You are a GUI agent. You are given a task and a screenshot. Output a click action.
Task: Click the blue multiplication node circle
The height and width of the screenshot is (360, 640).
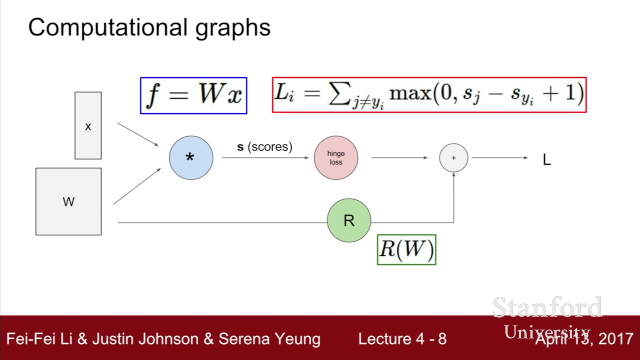point(191,158)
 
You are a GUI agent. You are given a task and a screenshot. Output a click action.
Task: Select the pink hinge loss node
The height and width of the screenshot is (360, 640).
point(336,158)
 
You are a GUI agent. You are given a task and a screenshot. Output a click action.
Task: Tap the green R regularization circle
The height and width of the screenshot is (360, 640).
point(349,220)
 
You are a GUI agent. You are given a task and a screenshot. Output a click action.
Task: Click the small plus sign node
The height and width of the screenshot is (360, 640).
point(454,158)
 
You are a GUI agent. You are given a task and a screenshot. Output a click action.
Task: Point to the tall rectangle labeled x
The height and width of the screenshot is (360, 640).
point(88,126)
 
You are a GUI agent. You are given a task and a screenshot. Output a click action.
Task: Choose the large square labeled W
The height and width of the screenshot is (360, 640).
point(69,202)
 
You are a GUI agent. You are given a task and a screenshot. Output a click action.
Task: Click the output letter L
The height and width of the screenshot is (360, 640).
point(547,160)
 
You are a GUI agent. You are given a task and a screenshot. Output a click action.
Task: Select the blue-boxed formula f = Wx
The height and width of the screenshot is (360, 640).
point(194,96)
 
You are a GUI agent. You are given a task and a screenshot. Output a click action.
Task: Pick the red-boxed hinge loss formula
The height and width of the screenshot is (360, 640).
point(429,95)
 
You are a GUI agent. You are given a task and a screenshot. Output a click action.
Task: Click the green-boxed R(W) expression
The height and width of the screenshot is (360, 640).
point(407,250)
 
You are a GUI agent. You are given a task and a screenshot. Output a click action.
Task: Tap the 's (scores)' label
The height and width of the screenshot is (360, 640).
point(265,147)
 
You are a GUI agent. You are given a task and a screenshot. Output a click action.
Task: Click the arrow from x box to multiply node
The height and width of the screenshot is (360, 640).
point(138,134)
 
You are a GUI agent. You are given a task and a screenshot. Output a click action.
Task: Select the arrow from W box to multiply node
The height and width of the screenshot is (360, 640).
point(137,186)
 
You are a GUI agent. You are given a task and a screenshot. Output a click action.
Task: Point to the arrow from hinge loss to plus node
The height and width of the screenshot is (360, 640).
point(399,158)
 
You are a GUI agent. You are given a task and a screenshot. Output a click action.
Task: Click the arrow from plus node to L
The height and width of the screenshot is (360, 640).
point(500,158)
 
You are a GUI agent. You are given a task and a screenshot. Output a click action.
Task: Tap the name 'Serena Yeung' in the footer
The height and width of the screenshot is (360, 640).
point(269,339)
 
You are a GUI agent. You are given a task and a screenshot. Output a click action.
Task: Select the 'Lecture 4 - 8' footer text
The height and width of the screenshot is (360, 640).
point(402,339)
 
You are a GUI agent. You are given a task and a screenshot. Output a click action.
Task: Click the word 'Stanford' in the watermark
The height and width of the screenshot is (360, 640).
point(547,307)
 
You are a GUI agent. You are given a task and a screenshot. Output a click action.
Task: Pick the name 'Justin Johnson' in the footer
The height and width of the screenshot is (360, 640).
point(145,339)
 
